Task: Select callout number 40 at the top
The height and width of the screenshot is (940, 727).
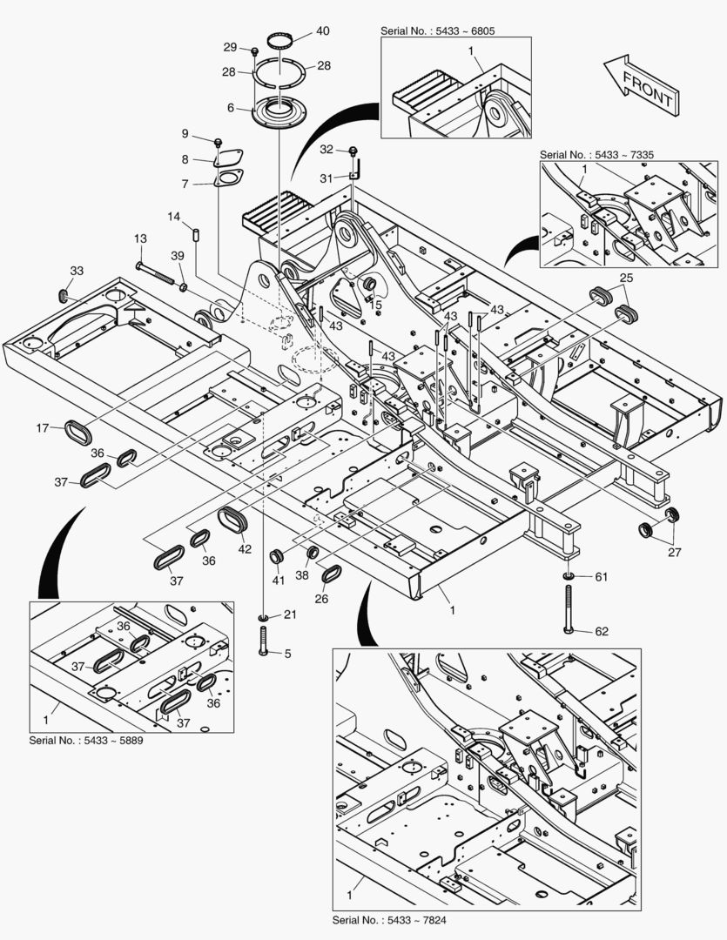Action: coord(322,31)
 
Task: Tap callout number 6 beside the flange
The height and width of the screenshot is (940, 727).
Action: coord(231,108)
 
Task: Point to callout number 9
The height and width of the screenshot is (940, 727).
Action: coord(185,133)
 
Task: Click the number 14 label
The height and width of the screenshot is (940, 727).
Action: coord(174,217)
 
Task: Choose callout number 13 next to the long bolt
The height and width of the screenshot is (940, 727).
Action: coord(139,238)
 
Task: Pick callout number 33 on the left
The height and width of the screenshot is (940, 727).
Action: coord(77,272)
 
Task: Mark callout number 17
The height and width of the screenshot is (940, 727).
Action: coord(42,427)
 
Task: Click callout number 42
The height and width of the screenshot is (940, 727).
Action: coord(245,549)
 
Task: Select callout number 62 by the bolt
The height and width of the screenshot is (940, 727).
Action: coord(602,632)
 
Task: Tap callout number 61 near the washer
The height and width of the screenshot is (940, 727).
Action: coord(602,576)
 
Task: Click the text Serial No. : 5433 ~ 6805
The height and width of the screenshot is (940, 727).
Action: coord(443,31)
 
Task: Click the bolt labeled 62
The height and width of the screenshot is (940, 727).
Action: coord(568,609)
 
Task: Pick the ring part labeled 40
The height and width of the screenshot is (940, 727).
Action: coord(279,40)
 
